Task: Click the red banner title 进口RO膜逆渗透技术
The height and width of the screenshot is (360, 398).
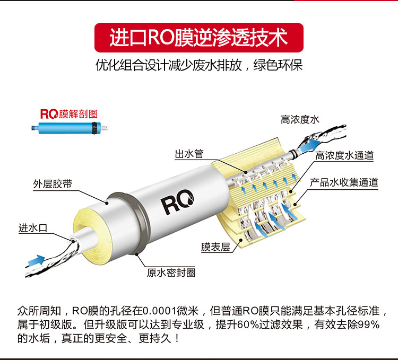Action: click(x=199, y=38)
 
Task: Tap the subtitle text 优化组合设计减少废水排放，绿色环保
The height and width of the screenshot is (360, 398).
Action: click(x=199, y=65)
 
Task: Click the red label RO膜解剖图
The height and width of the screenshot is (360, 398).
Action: click(x=69, y=114)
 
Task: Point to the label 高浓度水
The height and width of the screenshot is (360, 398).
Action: click(x=300, y=119)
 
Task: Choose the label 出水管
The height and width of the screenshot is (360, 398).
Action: click(x=189, y=154)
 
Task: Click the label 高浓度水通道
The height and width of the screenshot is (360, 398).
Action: click(x=344, y=155)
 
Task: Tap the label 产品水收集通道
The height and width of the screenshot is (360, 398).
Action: click(x=344, y=182)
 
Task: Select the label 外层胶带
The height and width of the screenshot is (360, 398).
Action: click(x=53, y=184)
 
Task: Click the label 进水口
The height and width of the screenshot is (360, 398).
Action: click(x=33, y=227)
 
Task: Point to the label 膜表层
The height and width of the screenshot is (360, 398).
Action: click(x=215, y=247)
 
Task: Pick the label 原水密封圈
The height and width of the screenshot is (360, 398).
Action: click(x=171, y=273)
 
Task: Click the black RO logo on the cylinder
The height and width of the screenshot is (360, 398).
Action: click(x=177, y=201)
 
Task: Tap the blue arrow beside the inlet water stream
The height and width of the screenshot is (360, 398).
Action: click(x=36, y=260)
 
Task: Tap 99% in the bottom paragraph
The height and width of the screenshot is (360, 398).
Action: click(x=371, y=324)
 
